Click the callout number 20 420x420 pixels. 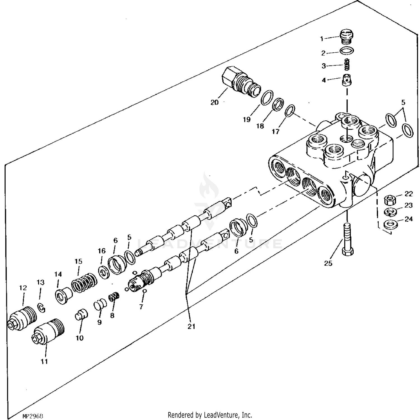point(214,102)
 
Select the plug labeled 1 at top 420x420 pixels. point(347,38)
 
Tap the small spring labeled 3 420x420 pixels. point(347,66)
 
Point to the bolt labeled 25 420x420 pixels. point(347,241)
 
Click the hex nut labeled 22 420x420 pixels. point(390,200)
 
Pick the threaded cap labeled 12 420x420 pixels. point(23,319)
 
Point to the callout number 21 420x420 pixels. point(191,326)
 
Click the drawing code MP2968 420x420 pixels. point(33,416)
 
